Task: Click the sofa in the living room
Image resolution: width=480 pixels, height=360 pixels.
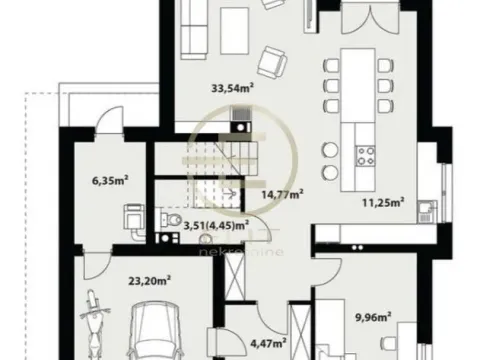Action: coord(193,24)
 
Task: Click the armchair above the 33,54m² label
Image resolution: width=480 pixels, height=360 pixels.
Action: coord(268,63)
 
